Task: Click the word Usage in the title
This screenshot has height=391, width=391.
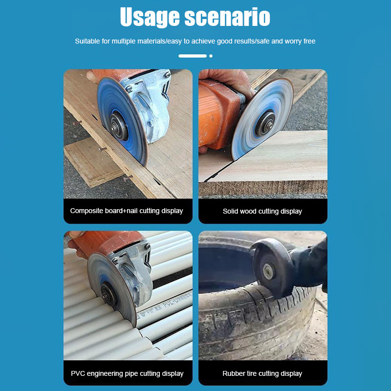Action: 150,17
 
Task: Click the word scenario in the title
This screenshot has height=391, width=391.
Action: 227,17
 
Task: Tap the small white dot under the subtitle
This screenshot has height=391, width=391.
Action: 211,56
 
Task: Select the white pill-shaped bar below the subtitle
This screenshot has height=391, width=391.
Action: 193,56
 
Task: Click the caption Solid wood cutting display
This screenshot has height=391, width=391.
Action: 262,211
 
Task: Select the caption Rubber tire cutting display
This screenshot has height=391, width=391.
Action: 262,373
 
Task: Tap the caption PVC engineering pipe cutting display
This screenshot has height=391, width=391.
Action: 127,373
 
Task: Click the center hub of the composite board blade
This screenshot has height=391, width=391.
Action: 119,126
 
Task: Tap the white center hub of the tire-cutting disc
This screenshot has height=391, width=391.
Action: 268,272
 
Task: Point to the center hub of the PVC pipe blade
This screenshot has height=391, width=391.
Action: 109,294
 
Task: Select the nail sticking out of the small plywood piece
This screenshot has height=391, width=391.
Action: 103,150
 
